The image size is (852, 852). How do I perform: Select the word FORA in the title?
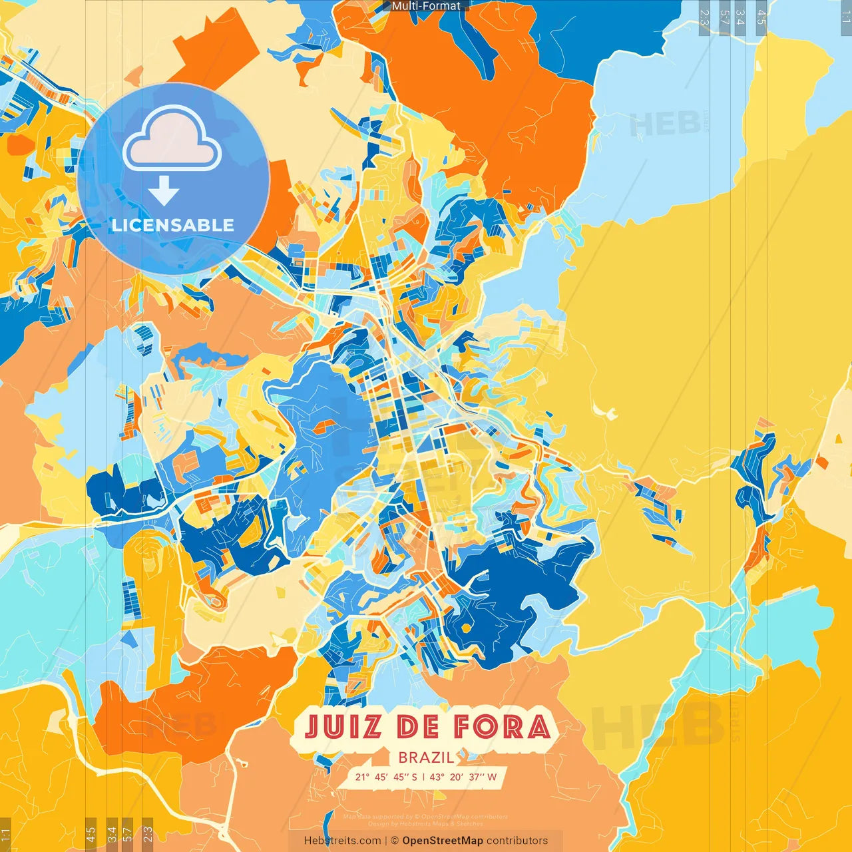tap(503, 726)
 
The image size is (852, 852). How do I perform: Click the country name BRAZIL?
tap(426, 757)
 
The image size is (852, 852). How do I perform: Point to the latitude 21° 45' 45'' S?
tap(386, 777)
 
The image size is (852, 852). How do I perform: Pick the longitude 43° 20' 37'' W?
tap(463, 777)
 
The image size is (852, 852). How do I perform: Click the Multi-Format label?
tap(426, 6)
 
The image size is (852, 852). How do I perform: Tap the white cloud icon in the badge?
tap(172, 139)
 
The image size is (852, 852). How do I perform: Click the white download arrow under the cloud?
tap(164, 192)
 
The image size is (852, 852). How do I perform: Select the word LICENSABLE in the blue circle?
tap(173, 225)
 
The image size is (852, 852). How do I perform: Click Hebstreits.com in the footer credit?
tap(342, 841)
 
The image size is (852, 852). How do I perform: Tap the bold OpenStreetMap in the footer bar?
tap(443, 841)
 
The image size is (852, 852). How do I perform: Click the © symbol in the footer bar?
tap(394, 841)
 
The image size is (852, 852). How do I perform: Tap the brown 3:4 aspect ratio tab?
tap(112, 834)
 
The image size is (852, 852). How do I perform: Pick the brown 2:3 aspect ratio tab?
tap(148, 834)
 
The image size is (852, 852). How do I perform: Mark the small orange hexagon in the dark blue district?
tap(467, 628)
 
